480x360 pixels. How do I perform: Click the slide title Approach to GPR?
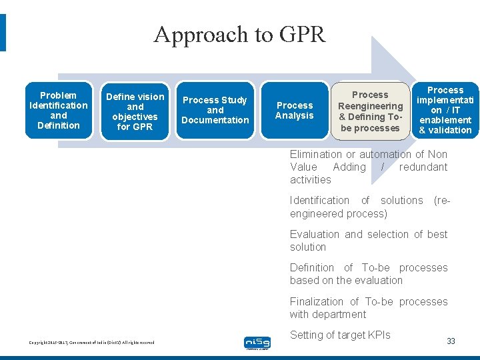click(x=239, y=34)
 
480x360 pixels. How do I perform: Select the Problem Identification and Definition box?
click(x=59, y=110)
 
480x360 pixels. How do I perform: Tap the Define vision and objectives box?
click(x=135, y=111)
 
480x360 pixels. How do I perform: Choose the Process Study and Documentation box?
click(x=215, y=110)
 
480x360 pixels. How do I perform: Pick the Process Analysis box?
click(x=295, y=110)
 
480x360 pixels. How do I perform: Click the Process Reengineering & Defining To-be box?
click(x=370, y=111)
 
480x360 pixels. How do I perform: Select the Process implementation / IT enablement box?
click(x=445, y=110)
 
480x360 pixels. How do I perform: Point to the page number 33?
click(x=451, y=341)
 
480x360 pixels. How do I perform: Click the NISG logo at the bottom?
click(x=257, y=343)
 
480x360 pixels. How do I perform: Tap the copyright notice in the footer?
click(x=91, y=343)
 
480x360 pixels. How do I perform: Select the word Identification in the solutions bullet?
click(x=319, y=200)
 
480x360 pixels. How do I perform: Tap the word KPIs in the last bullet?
click(x=377, y=335)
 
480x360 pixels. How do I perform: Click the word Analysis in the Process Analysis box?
click(x=295, y=115)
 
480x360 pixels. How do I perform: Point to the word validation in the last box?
click(x=445, y=130)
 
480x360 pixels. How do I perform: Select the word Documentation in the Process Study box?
click(x=215, y=120)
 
